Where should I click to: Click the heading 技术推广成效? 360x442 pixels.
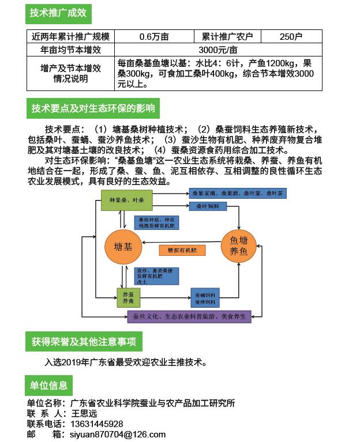pyautogui.click(x=58, y=12)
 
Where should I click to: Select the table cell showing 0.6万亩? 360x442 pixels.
pyautogui.click(x=153, y=36)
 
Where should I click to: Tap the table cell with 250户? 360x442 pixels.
pyautogui.click(x=291, y=36)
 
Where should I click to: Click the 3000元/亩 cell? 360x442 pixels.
pyautogui.click(x=218, y=50)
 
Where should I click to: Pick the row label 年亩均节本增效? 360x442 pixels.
pyautogui.click(x=70, y=50)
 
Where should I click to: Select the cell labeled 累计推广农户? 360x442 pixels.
pyautogui.click(x=227, y=36)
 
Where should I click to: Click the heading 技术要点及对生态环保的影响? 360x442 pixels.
pyautogui.click(x=93, y=108)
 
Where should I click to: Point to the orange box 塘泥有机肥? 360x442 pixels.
pyautogui.click(x=182, y=250)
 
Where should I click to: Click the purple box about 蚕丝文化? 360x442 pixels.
pyautogui.click(x=189, y=316)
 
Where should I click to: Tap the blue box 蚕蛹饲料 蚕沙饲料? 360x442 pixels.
pyautogui.click(x=205, y=298)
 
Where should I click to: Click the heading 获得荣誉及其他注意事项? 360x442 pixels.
pyautogui.click(x=84, y=342)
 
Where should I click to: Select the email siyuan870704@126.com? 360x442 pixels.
pyautogui.click(x=118, y=435)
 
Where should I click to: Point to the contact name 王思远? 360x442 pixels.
pyautogui.click(x=84, y=413)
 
